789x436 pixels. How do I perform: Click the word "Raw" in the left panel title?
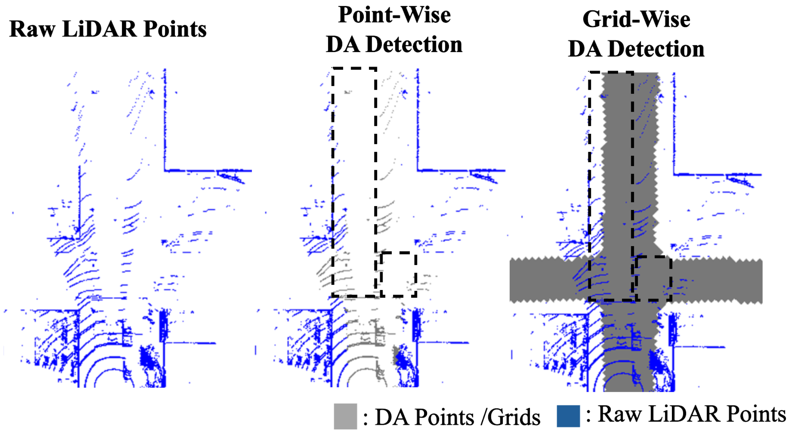33,30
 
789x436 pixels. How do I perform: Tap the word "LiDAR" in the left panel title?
99,30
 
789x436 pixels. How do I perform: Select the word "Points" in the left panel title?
175,30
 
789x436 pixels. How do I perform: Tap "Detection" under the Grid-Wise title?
656,49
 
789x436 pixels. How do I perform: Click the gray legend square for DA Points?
345,417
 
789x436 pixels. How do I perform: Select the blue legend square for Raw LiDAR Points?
568,416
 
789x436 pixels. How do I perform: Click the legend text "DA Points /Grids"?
457,417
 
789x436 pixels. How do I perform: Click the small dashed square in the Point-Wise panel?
398,274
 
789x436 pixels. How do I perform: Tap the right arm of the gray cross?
720,281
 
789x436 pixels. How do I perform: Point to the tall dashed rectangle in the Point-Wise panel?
354,182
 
